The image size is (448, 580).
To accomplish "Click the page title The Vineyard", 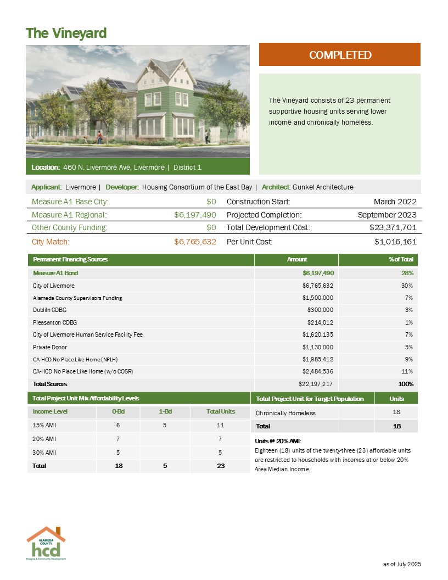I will (x=66, y=33).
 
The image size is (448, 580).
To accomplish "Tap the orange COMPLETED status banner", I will (x=339, y=55).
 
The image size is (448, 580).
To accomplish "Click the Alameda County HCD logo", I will (x=46, y=543).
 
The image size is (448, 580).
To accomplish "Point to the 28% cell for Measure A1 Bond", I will (x=407, y=273).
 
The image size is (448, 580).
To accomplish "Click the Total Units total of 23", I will (x=221, y=465).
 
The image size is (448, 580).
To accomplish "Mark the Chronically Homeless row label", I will (x=285, y=413).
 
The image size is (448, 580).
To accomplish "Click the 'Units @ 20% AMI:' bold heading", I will (x=279, y=441).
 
